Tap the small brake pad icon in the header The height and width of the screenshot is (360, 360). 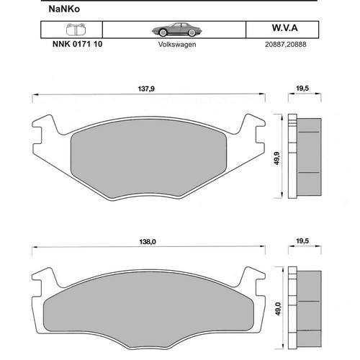(76, 30)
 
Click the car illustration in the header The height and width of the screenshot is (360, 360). (177, 30)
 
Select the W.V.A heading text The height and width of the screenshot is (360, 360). (285, 28)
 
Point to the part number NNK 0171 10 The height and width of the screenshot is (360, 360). (77, 44)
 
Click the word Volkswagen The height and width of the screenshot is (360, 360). (177, 45)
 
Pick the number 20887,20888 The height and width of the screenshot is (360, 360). (286, 45)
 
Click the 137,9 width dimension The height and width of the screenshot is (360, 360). (146, 89)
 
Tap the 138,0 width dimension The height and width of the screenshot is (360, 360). (148, 242)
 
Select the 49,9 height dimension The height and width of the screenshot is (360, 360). (277, 158)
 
